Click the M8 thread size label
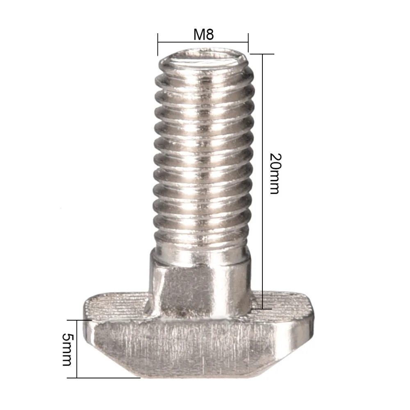(x=203, y=34)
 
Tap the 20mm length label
(x=274, y=173)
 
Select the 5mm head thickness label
(x=67, y=349)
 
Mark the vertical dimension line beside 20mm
(x=262, y=123)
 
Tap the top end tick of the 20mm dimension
(x=262, y=54)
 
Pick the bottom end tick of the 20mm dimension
(x=262, y=309)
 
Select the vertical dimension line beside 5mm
(x=77, y=348)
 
